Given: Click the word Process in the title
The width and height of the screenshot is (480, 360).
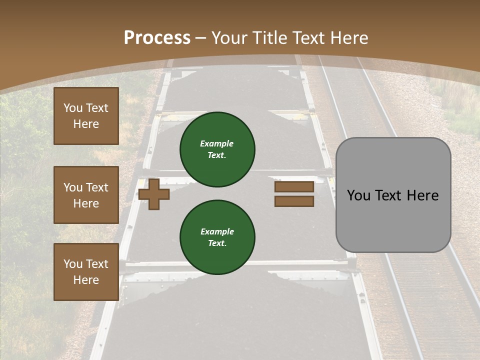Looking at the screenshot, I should click(x=157, y=38).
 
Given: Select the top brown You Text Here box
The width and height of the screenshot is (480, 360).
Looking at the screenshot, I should click(x=86, y=116).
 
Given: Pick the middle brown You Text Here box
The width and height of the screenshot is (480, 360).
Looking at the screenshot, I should click(x=86, y=195).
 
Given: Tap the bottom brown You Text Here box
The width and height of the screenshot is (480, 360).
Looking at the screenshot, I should click(x=86, y=272).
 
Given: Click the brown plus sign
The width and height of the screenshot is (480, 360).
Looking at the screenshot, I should click(x=154, y=193).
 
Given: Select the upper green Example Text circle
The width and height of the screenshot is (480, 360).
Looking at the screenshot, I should click(x=217, y=149).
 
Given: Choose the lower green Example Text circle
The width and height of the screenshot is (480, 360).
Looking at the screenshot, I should click(x=217, y=237).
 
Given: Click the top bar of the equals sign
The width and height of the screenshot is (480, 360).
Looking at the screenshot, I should click(x=294, y=186).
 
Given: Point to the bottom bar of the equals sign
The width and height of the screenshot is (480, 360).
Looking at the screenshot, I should click(x=294, y=201).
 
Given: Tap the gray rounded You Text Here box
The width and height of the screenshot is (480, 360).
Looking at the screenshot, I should click(x=393, y=195).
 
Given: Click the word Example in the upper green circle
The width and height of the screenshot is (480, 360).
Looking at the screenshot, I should click(x=217, y=143).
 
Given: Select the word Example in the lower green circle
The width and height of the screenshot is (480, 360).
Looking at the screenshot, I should click(x=217, y=231).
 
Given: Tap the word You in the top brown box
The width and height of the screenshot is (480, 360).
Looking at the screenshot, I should click(x=72, y=108).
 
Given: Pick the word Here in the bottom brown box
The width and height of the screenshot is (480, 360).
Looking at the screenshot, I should click(x=86, y=280).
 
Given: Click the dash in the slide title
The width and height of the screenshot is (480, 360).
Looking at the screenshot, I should click(x=200, y=38).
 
